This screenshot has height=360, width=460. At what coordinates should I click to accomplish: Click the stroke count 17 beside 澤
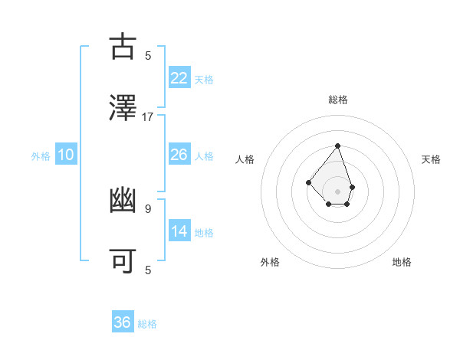point(148,116)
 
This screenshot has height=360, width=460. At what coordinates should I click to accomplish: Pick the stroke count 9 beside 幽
point(148,208)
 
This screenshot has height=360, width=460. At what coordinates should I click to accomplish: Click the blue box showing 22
point(179,78)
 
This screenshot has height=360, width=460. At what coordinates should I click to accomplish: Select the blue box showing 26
point(179,155)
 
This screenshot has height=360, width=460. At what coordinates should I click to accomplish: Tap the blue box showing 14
point(179,231)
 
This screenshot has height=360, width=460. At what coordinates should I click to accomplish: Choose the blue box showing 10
point(66,155)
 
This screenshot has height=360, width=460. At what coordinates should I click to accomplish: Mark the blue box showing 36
point(123,322)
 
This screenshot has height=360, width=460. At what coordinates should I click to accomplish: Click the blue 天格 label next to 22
point(204,80)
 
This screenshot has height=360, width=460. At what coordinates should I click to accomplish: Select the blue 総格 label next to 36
point(147,324)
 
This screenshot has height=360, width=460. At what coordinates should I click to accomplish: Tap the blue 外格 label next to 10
point(41,156)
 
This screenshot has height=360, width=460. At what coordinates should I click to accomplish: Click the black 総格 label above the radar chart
point(338,100)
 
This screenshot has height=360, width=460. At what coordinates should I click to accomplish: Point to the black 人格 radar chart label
point(245,159)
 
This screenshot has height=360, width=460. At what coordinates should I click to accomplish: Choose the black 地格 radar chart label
point(402,262)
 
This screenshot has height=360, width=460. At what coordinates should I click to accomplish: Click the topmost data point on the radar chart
point(337,146)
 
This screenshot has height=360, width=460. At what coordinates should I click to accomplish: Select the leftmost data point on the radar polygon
point(307,182)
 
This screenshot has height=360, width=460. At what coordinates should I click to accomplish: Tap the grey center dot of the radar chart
point(337,191)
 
